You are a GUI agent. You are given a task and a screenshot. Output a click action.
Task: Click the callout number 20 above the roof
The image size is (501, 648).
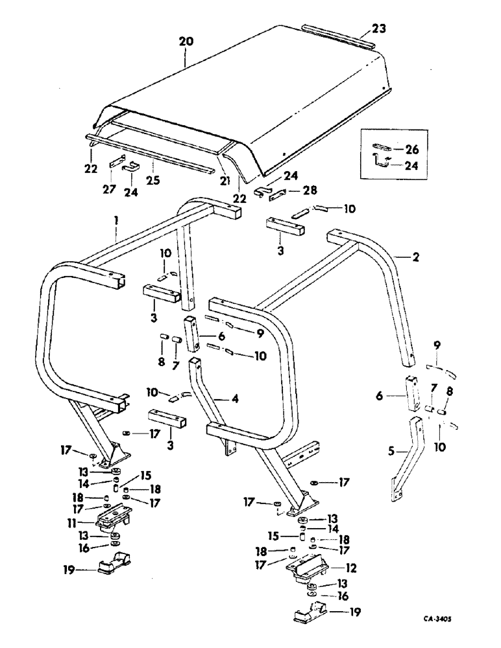click(x=186, y=41)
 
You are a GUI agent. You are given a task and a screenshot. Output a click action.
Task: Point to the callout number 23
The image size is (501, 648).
click(x=380, y=29)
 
